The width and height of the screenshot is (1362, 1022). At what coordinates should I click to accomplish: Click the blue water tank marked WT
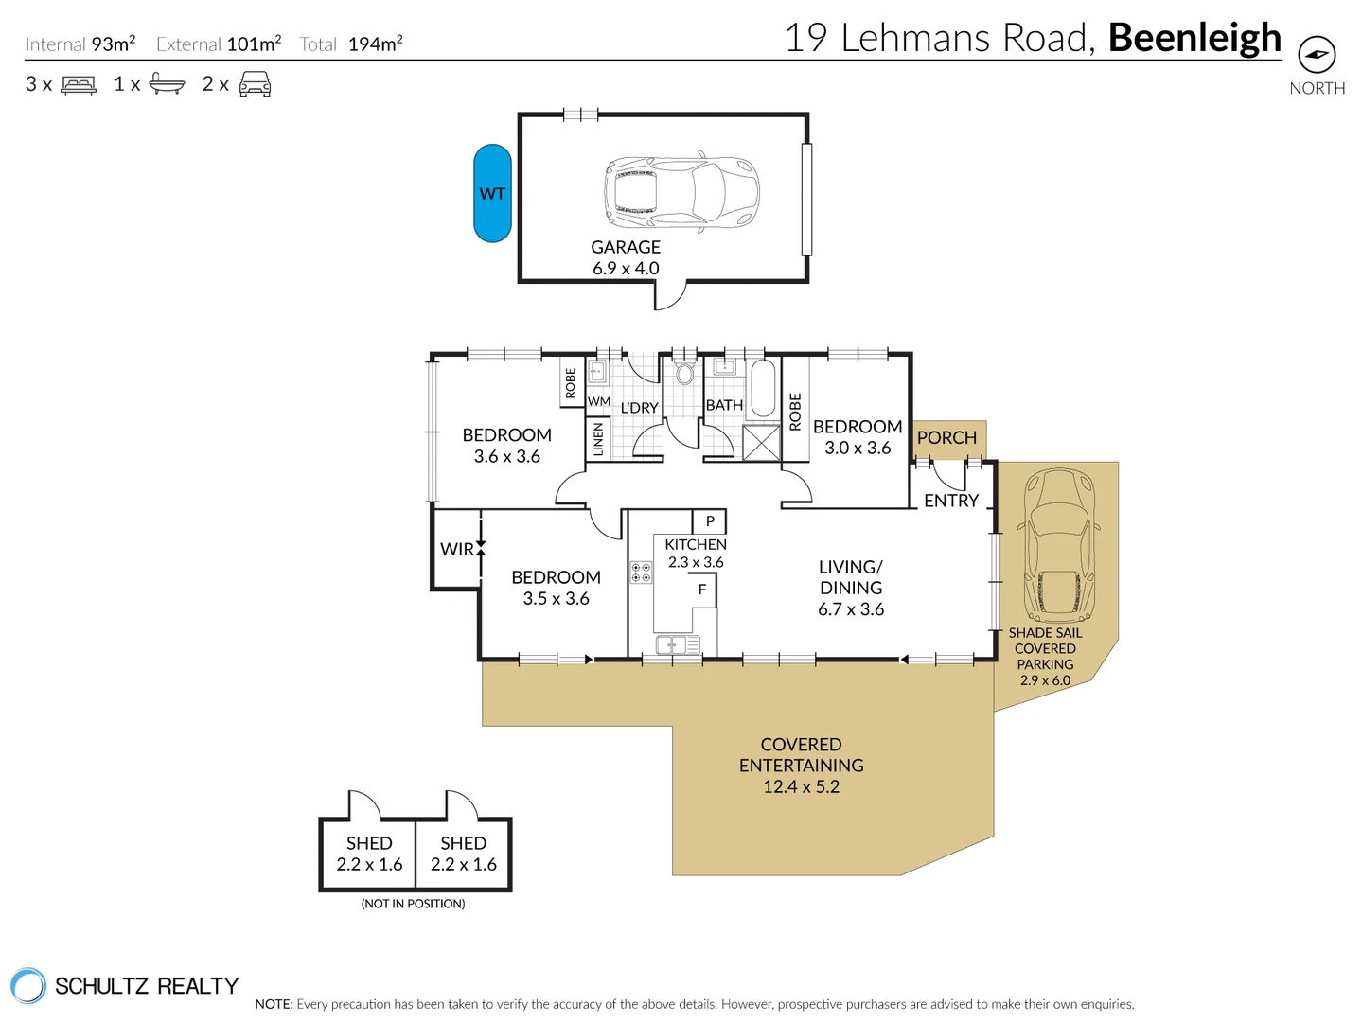point(492,193)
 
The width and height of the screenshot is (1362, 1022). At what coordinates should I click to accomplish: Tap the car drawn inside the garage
point(681,193)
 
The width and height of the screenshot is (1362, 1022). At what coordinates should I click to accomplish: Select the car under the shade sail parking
point(1058,544)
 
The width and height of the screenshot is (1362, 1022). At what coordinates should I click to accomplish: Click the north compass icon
point(1316,55)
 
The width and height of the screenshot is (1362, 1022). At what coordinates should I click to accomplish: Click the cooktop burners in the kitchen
point(641,572)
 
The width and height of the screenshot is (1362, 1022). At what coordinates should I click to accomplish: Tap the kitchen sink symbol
point(677,645)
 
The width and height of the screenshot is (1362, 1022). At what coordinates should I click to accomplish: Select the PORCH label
point(946,438)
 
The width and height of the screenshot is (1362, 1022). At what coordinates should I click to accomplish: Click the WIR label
point(456,549)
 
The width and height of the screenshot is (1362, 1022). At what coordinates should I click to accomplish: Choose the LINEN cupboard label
point(598,440)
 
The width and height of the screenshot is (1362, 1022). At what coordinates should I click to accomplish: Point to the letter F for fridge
point(702,590)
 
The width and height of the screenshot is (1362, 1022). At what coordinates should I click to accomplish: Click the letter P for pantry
point(710,521)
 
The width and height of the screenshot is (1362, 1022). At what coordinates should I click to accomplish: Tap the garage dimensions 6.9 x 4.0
point(626,269)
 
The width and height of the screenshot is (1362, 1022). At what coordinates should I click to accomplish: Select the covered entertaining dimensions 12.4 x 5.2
point(801,786)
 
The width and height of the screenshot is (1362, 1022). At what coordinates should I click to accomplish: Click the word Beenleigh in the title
point(1194,38)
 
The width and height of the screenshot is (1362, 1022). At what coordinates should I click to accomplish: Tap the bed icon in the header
point(79,85)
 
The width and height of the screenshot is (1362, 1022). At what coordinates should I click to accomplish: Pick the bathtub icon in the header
point(168,84)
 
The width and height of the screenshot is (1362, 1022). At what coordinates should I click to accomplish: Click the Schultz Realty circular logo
point(28,986)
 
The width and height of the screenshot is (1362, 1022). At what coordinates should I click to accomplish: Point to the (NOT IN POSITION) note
point(413,904)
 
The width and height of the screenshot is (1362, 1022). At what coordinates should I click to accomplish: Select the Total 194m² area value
point(375,44)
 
